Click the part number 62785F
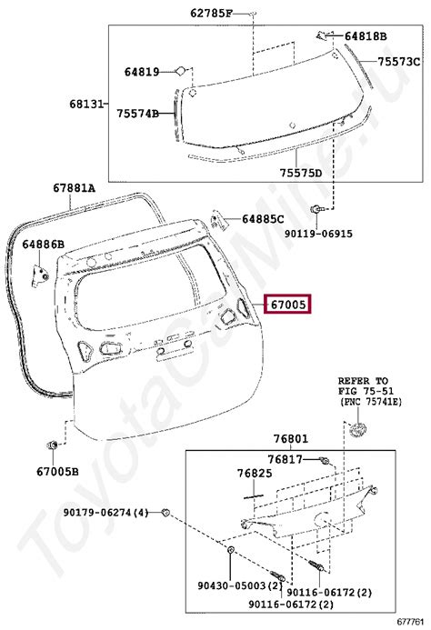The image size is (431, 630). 211,14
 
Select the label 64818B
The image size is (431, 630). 366,36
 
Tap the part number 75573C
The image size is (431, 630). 398,62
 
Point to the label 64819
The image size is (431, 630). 142,73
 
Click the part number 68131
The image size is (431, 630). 86,105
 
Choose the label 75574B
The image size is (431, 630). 138,114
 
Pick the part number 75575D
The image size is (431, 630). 301,174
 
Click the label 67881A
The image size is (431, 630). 74,188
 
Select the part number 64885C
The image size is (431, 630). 263,219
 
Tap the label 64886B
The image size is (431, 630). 43,245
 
